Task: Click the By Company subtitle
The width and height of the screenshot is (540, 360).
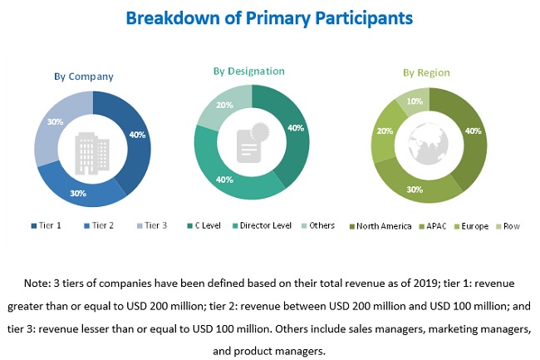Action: coord(84,76)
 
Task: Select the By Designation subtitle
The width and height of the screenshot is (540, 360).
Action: coord(250,72)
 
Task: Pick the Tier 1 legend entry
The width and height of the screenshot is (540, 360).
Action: coord(49,225)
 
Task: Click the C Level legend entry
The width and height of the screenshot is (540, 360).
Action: coord(208,225)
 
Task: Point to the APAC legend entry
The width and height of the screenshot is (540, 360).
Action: coord(434,226)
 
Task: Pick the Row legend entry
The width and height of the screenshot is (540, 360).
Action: coord(511,226)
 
